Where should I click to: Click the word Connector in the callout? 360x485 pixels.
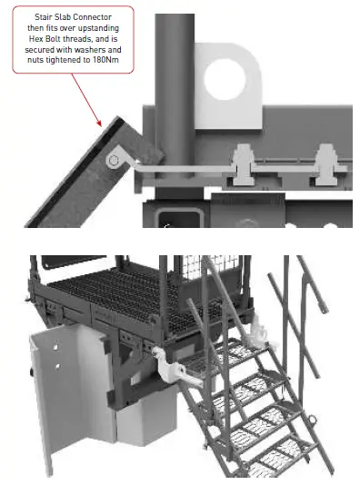[94, 17]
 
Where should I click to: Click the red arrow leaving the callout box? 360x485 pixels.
[86, 103]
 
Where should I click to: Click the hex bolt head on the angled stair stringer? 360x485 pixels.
[113, 161]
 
